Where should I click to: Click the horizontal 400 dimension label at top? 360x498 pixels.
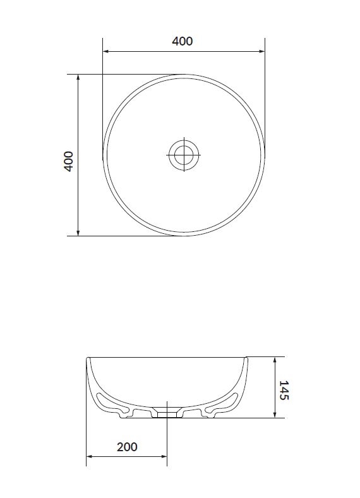(183, 41)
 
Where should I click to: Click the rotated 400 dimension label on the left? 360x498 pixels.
(69, 161)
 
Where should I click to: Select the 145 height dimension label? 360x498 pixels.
(284, 391)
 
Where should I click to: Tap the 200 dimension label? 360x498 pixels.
(127, 447)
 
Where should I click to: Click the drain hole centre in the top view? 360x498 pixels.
(184, 155)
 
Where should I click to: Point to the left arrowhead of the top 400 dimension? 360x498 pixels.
(105, 51)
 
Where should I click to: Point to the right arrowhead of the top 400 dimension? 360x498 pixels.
(262, 51)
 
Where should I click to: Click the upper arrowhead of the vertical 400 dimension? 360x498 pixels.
(78, 77)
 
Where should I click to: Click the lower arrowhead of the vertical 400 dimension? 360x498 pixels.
(78, 233)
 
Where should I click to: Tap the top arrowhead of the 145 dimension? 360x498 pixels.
(275, 360)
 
